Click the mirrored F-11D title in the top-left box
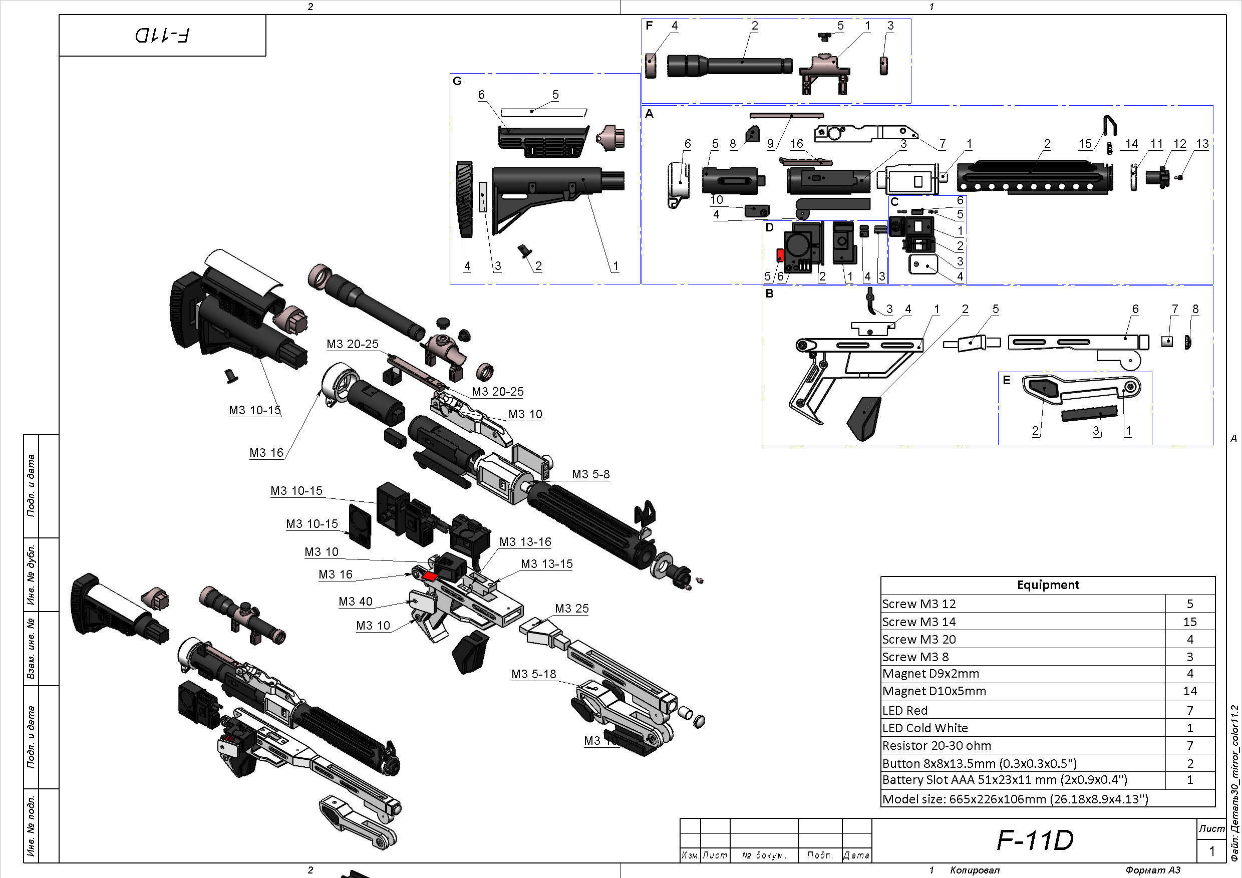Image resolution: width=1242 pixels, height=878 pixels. (x=162, y=36)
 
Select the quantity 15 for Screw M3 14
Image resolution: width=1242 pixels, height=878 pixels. (x=1189, y=622)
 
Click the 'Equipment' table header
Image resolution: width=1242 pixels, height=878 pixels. (x=1047, y=585)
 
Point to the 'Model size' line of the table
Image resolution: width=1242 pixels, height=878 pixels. (x=1015, y=798)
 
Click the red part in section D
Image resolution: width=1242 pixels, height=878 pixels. (x=781, y=254)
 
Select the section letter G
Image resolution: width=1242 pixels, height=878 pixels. (x=457, y=81)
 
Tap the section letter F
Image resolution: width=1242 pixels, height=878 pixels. (x=649, y=26)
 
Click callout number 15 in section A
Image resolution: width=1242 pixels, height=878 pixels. (x=1085, y=144)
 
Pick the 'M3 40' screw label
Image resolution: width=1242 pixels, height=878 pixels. (x=356, y=602)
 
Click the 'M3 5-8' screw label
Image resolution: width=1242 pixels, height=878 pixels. (x=591, y=474)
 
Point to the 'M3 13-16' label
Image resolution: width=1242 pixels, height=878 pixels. (x=525, y=542)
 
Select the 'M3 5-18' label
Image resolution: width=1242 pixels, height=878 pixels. (x=533, y=674)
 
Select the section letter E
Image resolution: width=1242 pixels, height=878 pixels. (x=1006, y=380)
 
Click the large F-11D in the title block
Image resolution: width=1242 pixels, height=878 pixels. (x=1034, y=840)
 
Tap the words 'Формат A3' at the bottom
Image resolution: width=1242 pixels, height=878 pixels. (x=1153, y=870)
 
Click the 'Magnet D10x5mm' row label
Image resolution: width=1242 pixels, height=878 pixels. (x=934, y=691)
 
